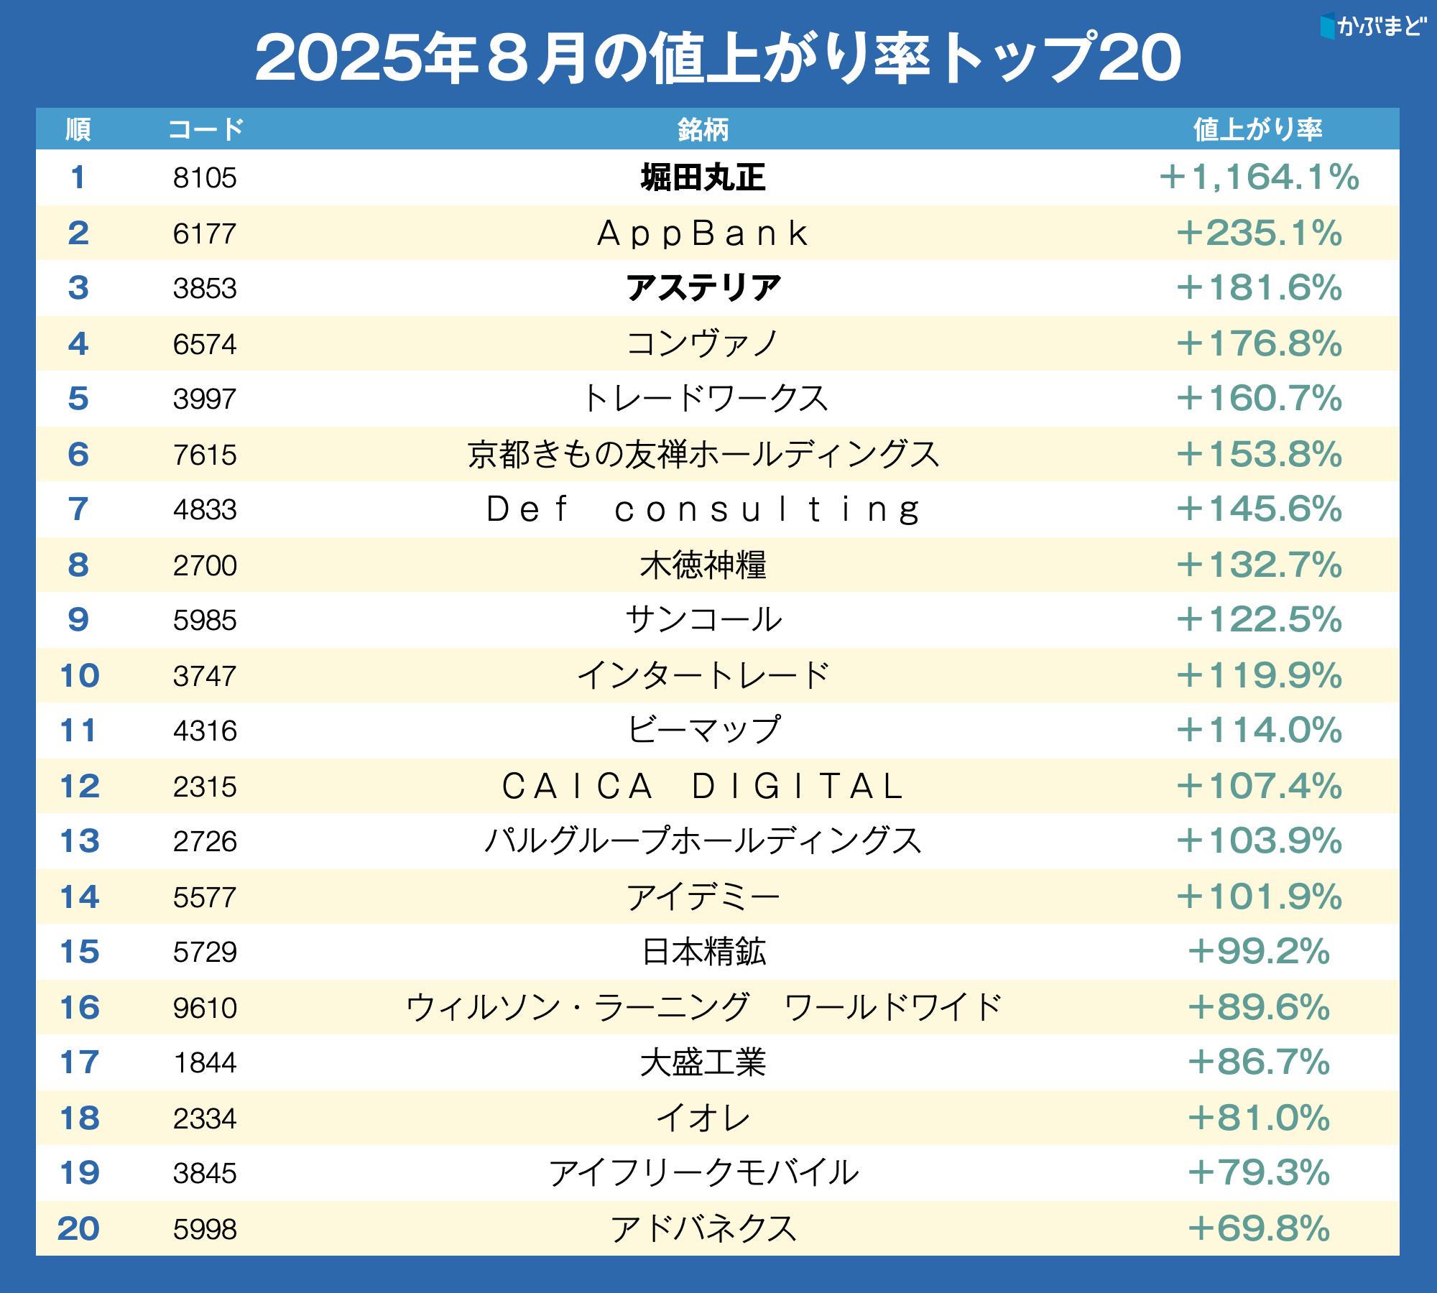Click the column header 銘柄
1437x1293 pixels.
click(703, 129)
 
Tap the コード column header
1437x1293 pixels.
click(205, 129)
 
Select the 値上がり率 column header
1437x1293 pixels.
click(1257, 129)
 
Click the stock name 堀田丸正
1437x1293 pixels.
click(703, 177)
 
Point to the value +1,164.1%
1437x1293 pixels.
click(1259, 177)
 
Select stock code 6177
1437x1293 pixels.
click(205, 233)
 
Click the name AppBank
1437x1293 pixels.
click(703, 233)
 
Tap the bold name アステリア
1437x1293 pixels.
click(703, 288)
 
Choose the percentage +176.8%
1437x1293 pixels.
click(1259, 343)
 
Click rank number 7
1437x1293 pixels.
click(78, 509)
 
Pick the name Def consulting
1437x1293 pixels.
click(703, 509)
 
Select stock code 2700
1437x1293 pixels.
click(205, 565)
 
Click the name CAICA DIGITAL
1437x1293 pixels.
click(703, 786)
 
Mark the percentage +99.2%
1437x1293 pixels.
click(1259, 951)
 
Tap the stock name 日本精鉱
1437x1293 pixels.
click(703, 951)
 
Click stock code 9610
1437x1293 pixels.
click(205, 1007)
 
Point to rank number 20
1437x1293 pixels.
click(78, 1228)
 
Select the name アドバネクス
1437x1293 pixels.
click(703, 1228)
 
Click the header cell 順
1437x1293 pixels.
click(78, 129)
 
